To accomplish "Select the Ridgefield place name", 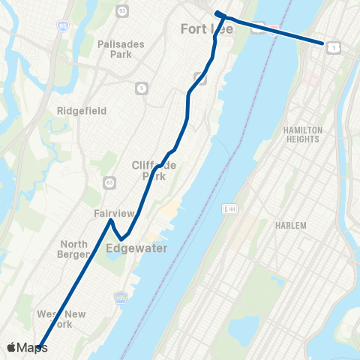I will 82,110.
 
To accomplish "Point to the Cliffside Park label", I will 154,170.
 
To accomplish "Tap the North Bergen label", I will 74,249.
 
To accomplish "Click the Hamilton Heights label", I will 302,134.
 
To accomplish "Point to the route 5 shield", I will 142,88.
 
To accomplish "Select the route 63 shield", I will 110,182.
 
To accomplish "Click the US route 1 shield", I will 333,47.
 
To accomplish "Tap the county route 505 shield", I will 118,298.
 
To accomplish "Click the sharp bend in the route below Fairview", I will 121,239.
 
